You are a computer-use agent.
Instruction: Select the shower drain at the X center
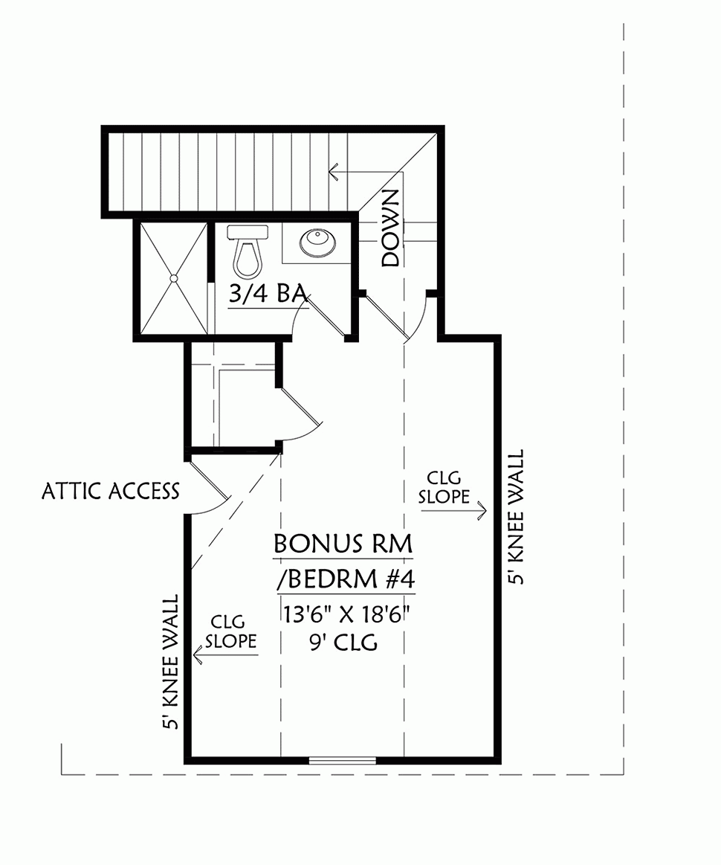(174, 278)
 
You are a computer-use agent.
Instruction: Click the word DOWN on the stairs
(390, 228)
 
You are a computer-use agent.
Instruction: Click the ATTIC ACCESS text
(111, 491)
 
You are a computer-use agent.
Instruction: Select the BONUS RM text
(343, 544)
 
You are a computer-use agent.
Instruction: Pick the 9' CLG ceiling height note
(344, 641)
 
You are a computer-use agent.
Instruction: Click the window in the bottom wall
(343, 759)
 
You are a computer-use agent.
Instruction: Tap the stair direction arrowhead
(334, 173)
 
